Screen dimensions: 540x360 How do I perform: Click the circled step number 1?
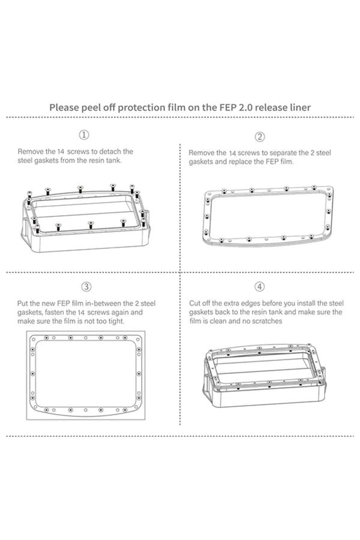pyautogui.click(x=85, y=134)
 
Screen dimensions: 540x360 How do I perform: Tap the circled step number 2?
pyautogui.click(x=260, y=137)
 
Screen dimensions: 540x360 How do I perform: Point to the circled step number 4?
pyautogui.click(x=260, y=287)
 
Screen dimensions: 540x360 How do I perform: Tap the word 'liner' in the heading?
pyautogui.click(x=298, y=107)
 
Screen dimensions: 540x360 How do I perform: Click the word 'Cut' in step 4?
pyautogui.click(x=196, y=304)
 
